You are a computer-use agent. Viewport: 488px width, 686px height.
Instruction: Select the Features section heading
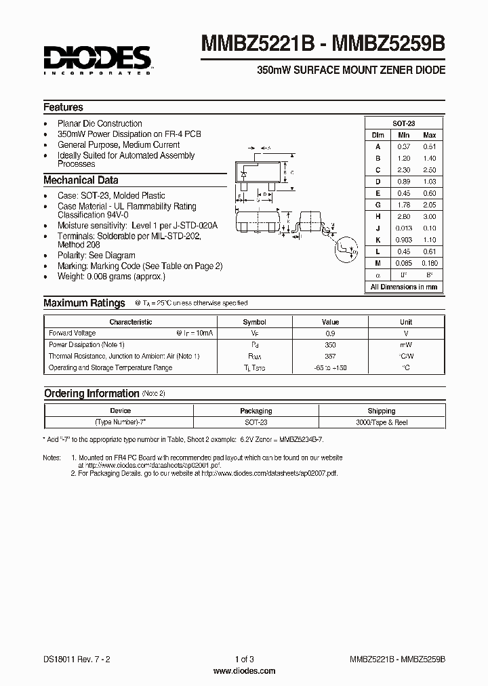(x=63, y=107)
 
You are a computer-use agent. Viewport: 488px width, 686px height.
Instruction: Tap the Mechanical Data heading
(x=81, y=180)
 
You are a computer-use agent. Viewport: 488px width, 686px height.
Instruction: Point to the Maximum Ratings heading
(x=84, y=303)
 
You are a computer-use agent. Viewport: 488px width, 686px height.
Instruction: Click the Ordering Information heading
(x=91, y=394)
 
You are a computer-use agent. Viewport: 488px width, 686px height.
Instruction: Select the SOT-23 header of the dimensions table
(x=404, y=123)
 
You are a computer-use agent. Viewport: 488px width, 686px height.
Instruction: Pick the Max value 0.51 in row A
(x=429, y=146)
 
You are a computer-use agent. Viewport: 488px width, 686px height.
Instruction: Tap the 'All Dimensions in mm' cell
(x=404, y=287)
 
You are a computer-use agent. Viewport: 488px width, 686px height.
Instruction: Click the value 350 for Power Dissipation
(x=330, y=345)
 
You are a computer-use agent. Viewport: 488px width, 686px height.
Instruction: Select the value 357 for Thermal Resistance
(x=330, y=357)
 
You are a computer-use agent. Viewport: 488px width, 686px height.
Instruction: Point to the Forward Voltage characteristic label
(x=73, y=334)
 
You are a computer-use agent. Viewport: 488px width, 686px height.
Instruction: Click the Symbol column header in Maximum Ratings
(x=254, y=322)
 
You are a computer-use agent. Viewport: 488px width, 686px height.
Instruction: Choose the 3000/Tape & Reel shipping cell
(x=381, y=422)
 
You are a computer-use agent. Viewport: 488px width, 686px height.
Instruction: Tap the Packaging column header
(x=256, y=411)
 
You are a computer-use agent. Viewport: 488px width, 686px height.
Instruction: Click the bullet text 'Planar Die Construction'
(x=100, y=123)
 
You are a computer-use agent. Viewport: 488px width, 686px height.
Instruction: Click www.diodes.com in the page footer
(x=244, y=671)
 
